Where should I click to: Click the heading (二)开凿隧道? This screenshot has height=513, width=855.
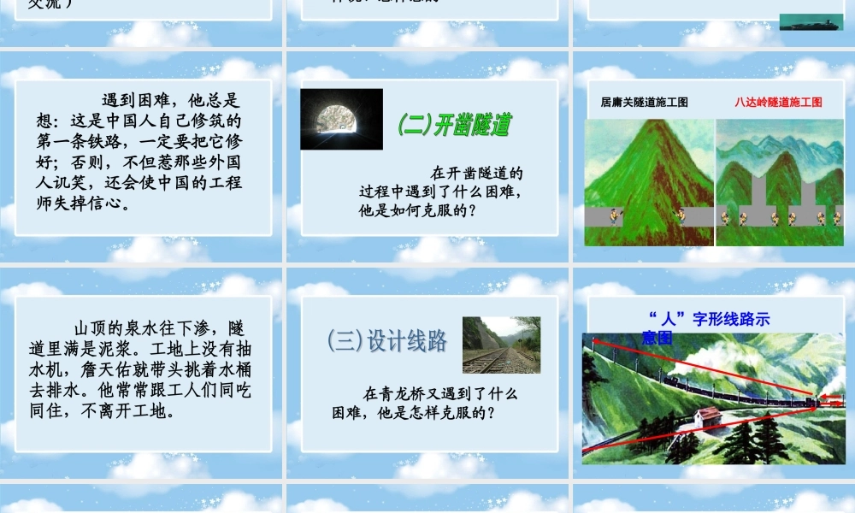454,125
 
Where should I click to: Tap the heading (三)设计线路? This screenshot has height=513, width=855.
387,341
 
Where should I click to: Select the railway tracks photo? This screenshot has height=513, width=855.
501,345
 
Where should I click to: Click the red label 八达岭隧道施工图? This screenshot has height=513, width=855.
778,102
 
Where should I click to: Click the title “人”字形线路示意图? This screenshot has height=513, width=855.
707,327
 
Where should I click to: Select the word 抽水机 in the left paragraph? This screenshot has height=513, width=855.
232,351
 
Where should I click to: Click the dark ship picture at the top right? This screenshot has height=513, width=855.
811,21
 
